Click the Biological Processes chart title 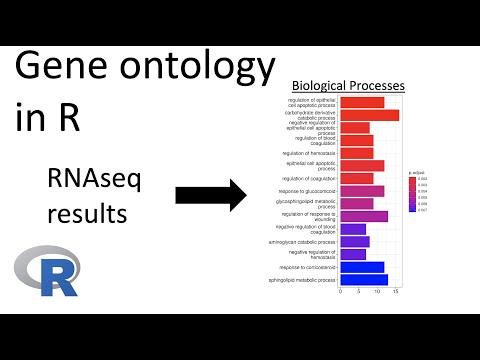point(346,87)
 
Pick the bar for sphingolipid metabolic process point(364,280)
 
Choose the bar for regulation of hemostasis point(357,153)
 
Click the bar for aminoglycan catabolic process point(355,242)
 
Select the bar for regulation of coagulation point(357,178)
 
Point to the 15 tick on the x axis point(396,293)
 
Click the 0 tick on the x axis point(341,293)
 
